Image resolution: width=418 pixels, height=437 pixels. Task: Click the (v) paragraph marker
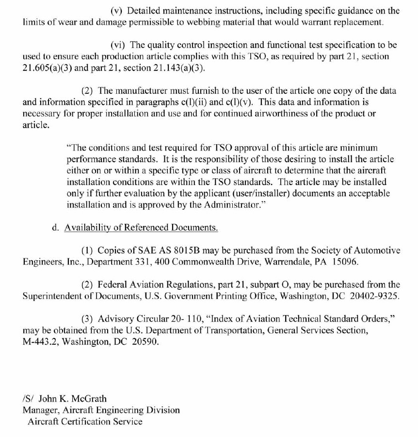coord(117,10)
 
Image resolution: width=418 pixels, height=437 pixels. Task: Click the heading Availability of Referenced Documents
coord(141,227)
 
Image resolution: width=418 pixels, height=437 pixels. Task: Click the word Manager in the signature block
coord(41,410)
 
